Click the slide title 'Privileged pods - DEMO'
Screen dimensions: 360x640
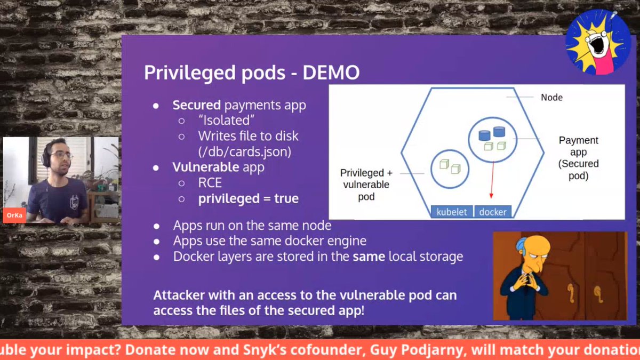point(252,73)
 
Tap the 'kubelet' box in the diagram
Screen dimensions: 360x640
point(451,212)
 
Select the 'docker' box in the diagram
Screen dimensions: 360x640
point(492,212)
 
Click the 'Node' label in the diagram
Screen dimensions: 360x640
point(551,97)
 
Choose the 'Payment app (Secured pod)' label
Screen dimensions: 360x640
point(578,158)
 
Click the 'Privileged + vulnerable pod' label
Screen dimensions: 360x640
point(366,185)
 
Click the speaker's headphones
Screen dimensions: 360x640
point(45,156)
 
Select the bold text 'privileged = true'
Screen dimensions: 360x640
point(248,199)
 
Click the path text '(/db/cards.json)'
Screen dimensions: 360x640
point(245,151)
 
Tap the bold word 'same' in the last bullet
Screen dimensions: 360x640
point(369,257)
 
